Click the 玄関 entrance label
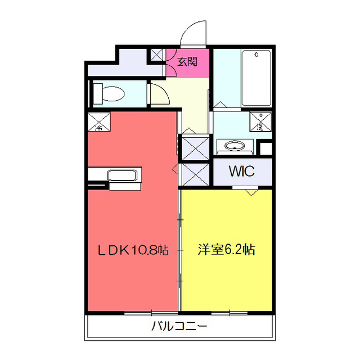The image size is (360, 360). click(188, 61)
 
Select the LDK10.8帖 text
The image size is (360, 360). click(134, 250)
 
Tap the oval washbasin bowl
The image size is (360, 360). click(235, 147)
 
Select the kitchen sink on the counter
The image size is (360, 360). click(124, 175)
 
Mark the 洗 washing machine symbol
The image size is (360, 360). click(260, 122)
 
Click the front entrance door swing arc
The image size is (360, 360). click(195, 33)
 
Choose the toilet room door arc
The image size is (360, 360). click(157, 93)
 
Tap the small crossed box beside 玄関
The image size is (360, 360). click(157, 55)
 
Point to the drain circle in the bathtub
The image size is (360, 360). click(256, 55)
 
